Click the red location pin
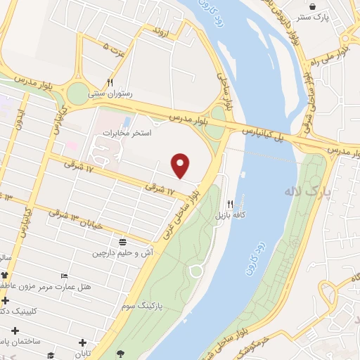tap(181, 165)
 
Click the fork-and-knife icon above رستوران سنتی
tap(110, 82)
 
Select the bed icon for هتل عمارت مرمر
tap(65, 275)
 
